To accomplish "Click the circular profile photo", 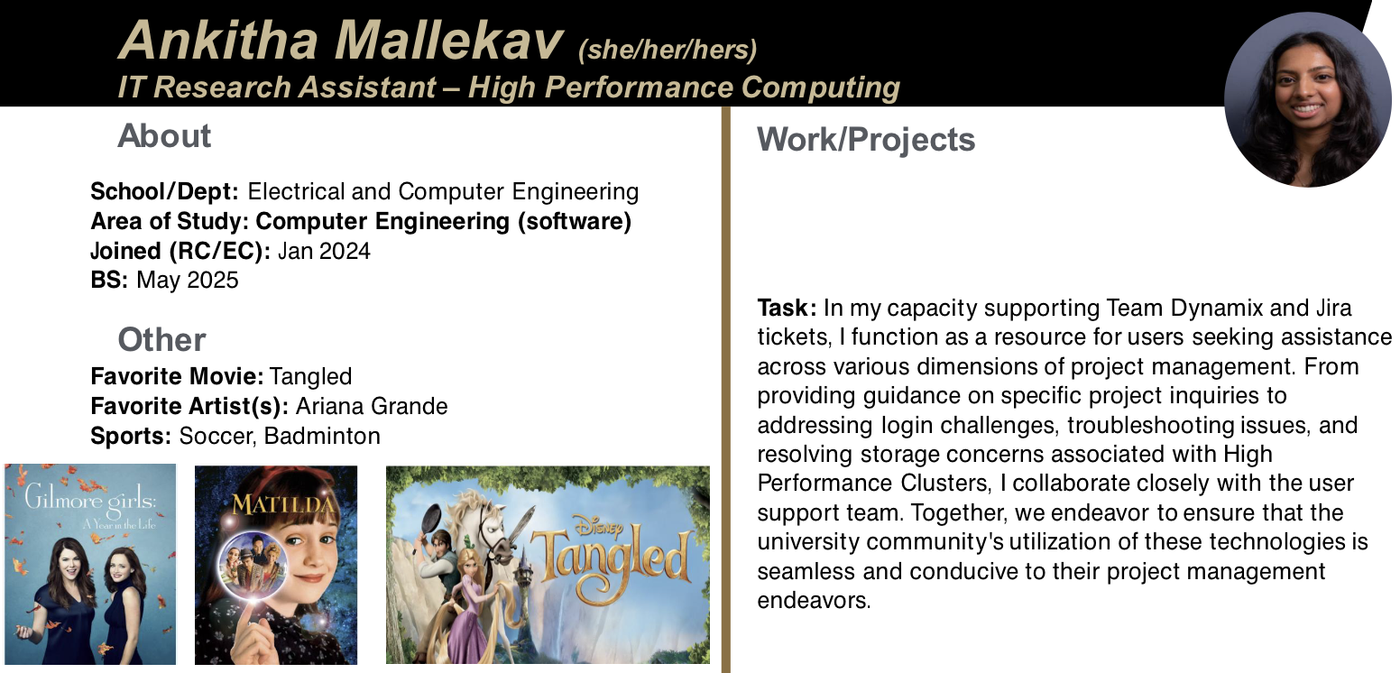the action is pyautogui.click(x=1307, y=99).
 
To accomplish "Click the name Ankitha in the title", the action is pyautogui.click(x=218, y=41).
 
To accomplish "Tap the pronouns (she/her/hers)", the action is pyautogui.click(x=668, y=50).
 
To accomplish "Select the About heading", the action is pyautogui.click(x=164, y=135).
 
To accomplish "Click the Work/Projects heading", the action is pyautogui.click(x=866, y=139).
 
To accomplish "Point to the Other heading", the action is pyautogui.click(x=161, y=340).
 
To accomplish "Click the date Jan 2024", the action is pyautogui.click(x=324, y=251).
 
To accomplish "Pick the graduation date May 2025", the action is pyautogui.click(x=188, y=281).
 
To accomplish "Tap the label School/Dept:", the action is pyautogui.click(x=164, y=192).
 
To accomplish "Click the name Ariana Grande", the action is pyautogui.click(x=372, y=406).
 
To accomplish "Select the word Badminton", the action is pyautogui.click(x=323, y=436).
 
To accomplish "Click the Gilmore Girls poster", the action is pyautogui.click(x=90, y=564).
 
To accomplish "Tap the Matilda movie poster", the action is pyautogui.click(x=276, y=565).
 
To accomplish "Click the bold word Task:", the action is pyautogui.click(x=787, y=308).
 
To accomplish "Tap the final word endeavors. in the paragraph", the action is pyautogui.click(x=814, y=601).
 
